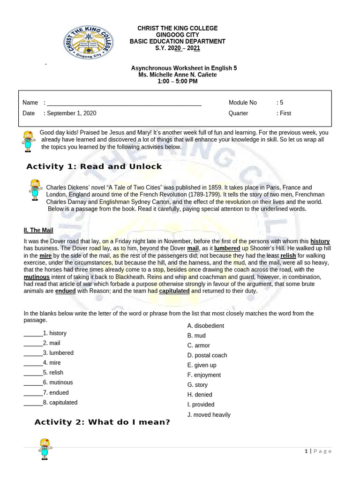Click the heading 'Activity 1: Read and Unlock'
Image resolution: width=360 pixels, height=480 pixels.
[94, 166]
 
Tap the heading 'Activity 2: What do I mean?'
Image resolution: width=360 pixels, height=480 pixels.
[102, 422]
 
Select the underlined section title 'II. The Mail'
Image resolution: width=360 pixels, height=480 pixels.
[38, 230]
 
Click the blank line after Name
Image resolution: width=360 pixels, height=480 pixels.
[124, 103]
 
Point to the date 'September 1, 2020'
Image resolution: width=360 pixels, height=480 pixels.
[72, 113]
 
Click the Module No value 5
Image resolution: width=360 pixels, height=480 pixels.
[281, 103]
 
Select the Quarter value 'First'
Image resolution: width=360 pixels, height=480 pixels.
[285, 113]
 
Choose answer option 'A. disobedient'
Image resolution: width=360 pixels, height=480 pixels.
[206, 326]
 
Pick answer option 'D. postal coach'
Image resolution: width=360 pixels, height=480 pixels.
[207, 355]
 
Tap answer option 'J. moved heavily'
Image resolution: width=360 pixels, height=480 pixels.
[209, 415]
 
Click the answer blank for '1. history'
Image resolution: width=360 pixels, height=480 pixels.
[33, 334]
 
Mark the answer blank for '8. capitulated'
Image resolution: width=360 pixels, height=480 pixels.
[33, 403]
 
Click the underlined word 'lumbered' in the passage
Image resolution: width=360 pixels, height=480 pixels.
[227, 248]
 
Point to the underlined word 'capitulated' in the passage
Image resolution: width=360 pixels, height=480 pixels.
[174, 291]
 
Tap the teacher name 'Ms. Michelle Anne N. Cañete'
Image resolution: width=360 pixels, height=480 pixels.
[178, 75]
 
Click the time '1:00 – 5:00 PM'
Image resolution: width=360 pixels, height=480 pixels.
[178, 82]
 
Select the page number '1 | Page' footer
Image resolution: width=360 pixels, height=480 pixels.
[318, 451]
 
